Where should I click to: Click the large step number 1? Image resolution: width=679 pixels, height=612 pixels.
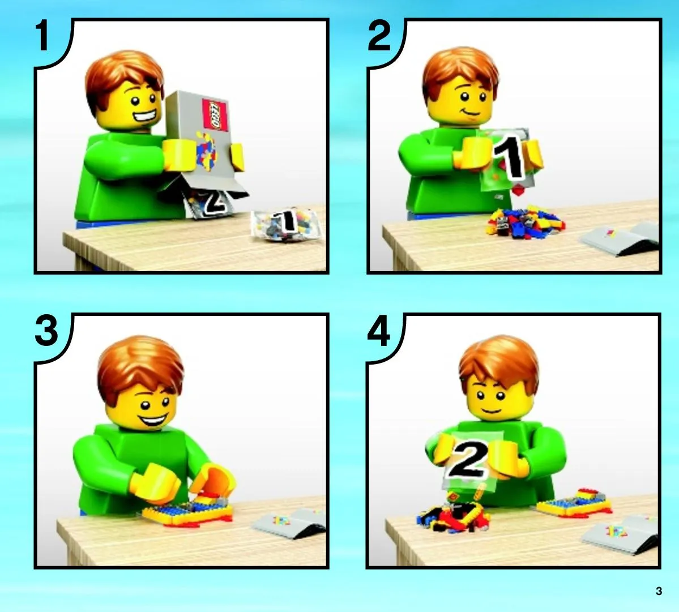pyautogui.click(x=42, y=36)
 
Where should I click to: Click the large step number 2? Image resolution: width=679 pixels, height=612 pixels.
pyautogui.click(x=379, y=36)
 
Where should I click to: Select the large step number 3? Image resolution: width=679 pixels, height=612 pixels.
pyautogui.click(x=46, y=331)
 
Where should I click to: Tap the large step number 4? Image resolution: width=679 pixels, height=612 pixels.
pyautogui.click(x=378, y=331)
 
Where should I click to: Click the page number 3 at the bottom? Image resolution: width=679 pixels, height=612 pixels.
pyautogui.click(x=659, y=591)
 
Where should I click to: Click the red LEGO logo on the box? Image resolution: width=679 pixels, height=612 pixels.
pyautogui.click(x=215, y=115)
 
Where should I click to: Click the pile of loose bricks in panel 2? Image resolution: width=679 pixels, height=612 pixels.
pyautogui.click(x=525, y=222)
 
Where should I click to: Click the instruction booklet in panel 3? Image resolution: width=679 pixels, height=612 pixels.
pyautogui.click(x=289, y=523)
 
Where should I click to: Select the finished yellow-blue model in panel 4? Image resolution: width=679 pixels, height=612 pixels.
pyautogui.click(x=574, y=503)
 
